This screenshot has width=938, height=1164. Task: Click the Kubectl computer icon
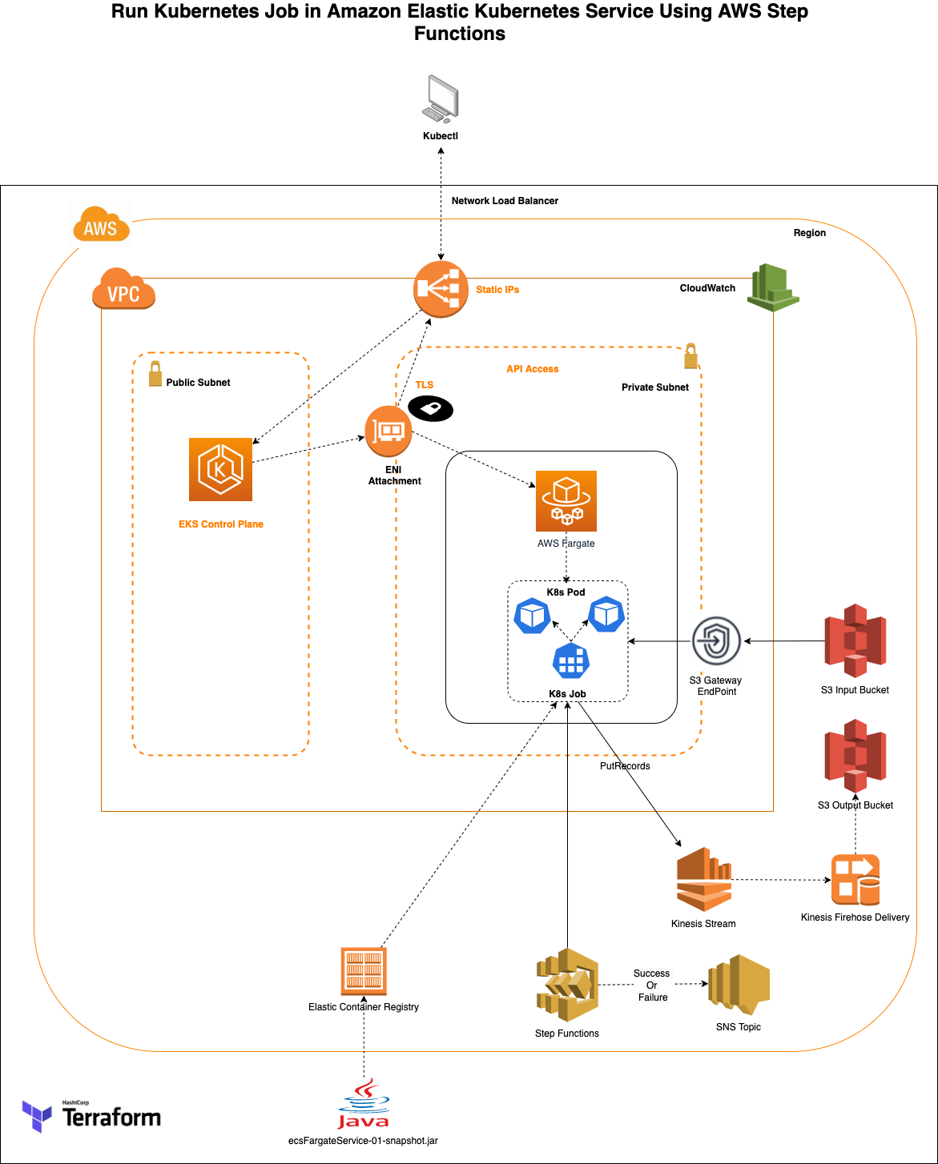coord(441,98)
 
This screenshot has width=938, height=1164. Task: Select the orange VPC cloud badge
coord(123,288)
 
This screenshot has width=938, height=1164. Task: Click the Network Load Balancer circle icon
coord(441,289)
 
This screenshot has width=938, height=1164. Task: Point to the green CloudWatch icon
coord(774,287)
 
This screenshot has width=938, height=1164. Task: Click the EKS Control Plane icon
coord(220,469)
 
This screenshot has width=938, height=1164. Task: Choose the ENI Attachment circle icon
coord(388,431)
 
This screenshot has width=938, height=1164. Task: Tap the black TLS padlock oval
coord(431,408)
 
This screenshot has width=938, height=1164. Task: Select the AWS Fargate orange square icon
coord(566,501)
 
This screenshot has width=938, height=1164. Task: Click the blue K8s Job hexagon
coord(571,660)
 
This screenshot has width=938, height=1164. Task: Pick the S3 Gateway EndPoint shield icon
coord(716,640)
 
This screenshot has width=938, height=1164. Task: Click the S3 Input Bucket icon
coord(855,640)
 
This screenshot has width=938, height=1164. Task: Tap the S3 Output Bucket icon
coord(855,757)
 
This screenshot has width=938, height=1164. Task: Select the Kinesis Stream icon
coord(704,880)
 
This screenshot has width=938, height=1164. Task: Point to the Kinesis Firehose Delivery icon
coord(855,880)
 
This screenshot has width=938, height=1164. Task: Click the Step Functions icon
coord(567,985)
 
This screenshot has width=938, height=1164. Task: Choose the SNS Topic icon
coord(739,985)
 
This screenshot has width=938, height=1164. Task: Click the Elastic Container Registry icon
coord(364,971)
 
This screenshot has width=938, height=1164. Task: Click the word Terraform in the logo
coord(111,1118)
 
